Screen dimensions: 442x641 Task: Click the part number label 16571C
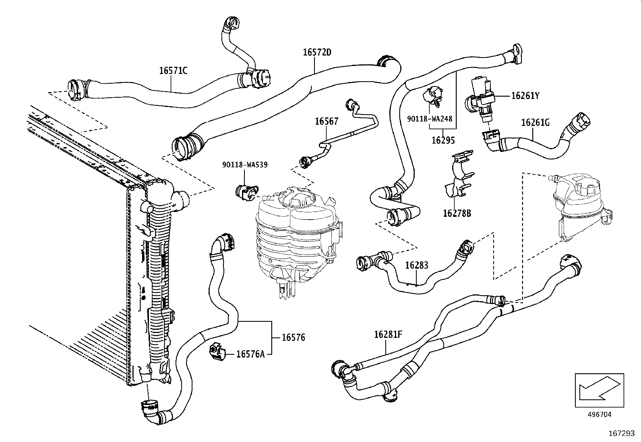[x=173, y=70]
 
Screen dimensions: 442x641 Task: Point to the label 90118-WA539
[x=245, y=164]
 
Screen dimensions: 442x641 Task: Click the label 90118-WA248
[x=430, y=119]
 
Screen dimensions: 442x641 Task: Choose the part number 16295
[x=443, y=140]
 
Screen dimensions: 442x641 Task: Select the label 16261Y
[x=525, y=96]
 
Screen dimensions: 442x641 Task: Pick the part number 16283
[x=416, y=265]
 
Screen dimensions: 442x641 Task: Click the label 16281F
[x=388, y=334]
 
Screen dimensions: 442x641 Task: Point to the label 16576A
[x=250, y=354]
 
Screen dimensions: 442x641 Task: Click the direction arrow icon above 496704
[x=599, y=388]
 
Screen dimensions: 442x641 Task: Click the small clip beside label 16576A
[x=217, y=352]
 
